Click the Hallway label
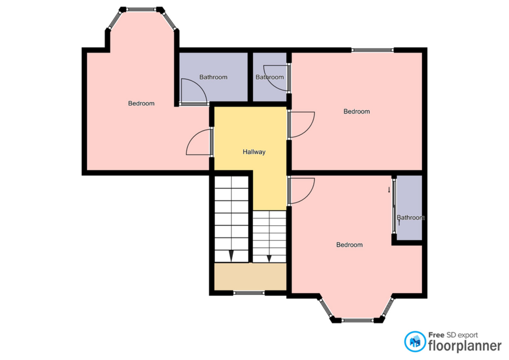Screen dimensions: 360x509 (254, 152)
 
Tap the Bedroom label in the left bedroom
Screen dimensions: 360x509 (141, 103)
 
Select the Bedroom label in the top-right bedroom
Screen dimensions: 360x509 (356, 112)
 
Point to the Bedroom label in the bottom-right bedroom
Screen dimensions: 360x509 (349, 245)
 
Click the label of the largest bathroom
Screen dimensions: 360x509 (213, 77)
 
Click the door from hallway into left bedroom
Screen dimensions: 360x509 (199, 142)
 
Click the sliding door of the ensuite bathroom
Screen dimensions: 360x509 (394, 206)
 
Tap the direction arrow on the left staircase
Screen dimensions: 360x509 (231, 256)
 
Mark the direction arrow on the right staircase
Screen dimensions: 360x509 (269, 258)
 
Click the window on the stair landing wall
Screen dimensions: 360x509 (249, 293)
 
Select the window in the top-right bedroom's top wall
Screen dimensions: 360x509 (372, 50)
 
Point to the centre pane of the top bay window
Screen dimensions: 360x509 (141, 9)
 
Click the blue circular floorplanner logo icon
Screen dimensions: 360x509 (415, 341)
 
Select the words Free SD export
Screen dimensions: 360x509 (453, 335)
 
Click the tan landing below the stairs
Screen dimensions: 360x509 (250, 277)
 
